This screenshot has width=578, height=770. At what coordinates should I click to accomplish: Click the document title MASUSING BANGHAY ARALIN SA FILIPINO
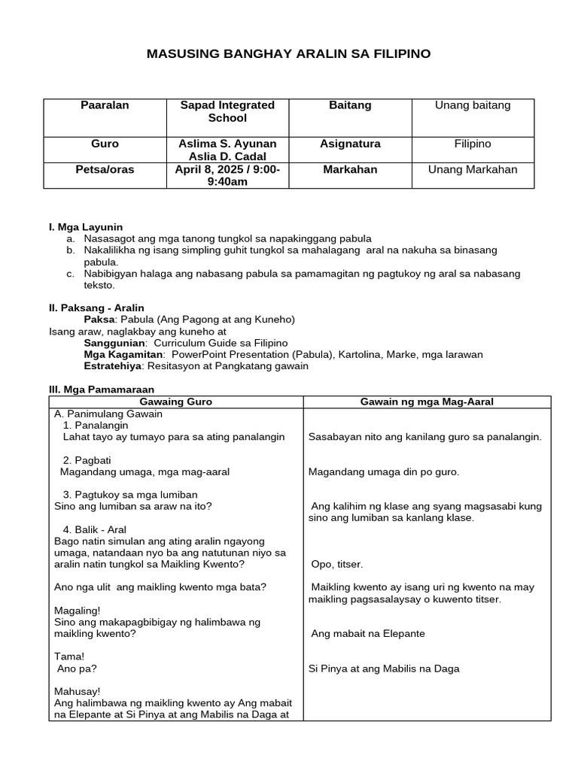(x=288, y=54)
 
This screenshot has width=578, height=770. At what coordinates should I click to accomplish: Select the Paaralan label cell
(x=105, y=106)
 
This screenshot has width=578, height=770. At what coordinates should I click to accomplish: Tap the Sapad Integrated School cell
(x=227, y=112)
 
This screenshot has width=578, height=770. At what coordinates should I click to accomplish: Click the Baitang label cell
(x=350, y=106)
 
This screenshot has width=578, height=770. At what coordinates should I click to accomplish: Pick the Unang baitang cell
(x=473, y=106)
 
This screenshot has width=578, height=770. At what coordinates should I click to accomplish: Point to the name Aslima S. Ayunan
(x=227, y=144)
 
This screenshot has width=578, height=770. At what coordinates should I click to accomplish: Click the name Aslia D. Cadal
(x=227, y=156)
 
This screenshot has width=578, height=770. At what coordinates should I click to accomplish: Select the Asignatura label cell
(x=350, y=144)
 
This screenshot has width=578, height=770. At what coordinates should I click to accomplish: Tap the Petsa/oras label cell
(x=105, y=170)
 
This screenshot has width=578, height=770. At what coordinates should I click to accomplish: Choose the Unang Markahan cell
(x=473, y=170)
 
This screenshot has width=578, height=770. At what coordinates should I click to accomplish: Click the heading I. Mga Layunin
(x=85, y=227)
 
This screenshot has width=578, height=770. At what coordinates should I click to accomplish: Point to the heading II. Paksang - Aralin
(x=96, y=308)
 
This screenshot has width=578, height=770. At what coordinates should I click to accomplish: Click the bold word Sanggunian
(x=119, y=343)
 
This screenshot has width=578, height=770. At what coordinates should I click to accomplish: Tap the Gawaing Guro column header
(x=177, y=402)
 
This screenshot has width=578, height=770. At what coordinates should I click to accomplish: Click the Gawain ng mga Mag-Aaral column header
(x=427, y=402)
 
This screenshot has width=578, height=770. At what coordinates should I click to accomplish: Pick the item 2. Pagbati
(x=85, y=460)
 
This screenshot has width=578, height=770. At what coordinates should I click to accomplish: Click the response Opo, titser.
(x=336, y=564)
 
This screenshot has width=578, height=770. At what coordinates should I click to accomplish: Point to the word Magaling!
(x=78, y=611)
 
